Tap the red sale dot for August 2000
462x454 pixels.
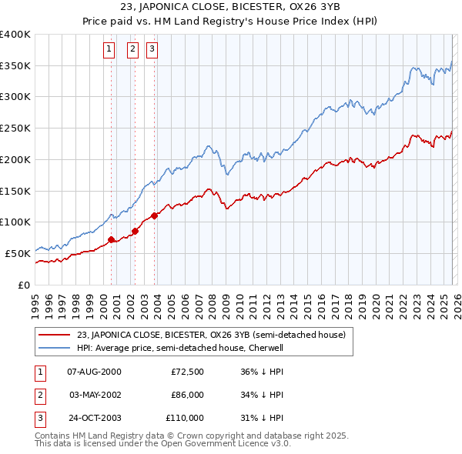[x=111, y=239]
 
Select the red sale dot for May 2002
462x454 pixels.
[x=135, y=230]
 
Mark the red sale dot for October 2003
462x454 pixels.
[x=155, y=215]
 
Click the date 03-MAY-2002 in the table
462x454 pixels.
[x=95, y=395]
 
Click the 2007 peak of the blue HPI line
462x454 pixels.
[x=208, y=145]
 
